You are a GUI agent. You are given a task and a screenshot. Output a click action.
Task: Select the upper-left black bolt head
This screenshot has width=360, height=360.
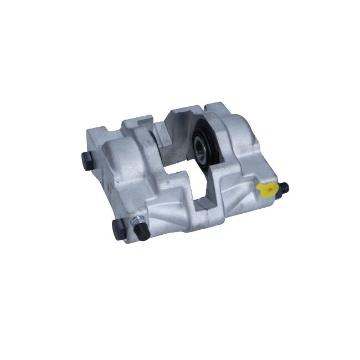pyautogui.click(x=86, y=161)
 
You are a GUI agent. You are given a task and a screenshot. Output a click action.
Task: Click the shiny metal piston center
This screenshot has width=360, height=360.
pyautogui.click(x=200, y=146)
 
